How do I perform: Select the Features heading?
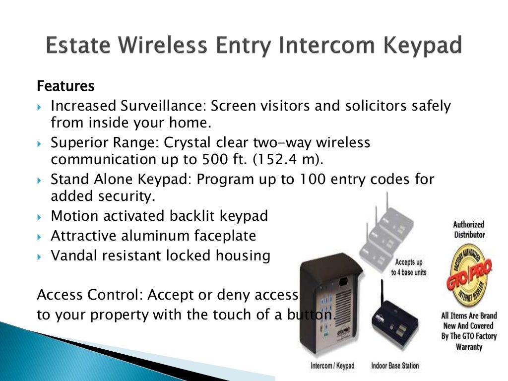click(65, 86)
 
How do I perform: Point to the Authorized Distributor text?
click(469, 229)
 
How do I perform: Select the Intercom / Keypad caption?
click(332, 366)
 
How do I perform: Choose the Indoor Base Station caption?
click(395, 366)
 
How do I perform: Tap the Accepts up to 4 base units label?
click(408, 267)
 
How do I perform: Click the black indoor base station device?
click(397, 322)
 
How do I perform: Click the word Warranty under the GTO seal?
click(469, 347)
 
